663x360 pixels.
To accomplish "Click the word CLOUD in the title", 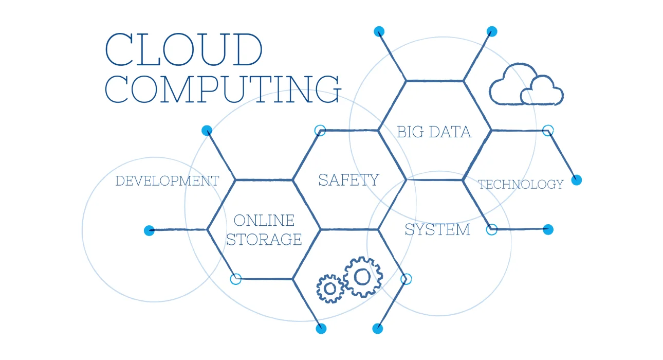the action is pos(184,49).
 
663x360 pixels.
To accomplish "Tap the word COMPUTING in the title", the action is pos(223,89).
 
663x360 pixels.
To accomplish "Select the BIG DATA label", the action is pos(434,132).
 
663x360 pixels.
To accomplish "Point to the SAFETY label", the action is pos(348,180).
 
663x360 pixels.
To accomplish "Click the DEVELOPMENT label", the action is pos(167,181).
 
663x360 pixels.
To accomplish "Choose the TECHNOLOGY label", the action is pos(521,184).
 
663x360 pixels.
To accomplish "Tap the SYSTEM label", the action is pos(437,229).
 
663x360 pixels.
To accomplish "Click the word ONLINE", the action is pos(264,220).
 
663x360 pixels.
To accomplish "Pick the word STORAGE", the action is pos(264,239).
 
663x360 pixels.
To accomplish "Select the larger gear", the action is pos(362,277).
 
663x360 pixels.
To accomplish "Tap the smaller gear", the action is pos(330,289).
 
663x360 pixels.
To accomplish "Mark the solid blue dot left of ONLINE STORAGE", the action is pos(149,230).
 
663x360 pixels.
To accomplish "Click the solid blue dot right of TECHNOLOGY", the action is pos(577,180).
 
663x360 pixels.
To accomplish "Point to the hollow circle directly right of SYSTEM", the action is pos(492,230).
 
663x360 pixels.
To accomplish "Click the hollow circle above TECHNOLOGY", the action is pos(548,131).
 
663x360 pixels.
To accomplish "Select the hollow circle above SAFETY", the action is pos(320,131).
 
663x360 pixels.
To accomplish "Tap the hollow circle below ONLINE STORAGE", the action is pos(235,279).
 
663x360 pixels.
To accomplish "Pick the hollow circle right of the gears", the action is pos(406,279).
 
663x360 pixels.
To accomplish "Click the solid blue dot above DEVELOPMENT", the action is pos(207,131).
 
